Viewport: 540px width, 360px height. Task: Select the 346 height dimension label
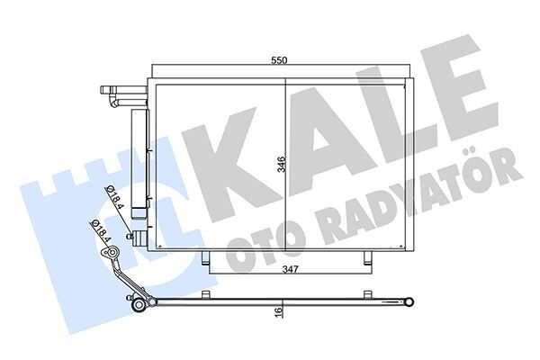(281, 164)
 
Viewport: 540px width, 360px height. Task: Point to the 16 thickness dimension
(280, 311)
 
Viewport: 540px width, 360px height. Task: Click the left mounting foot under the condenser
(210, 260)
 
